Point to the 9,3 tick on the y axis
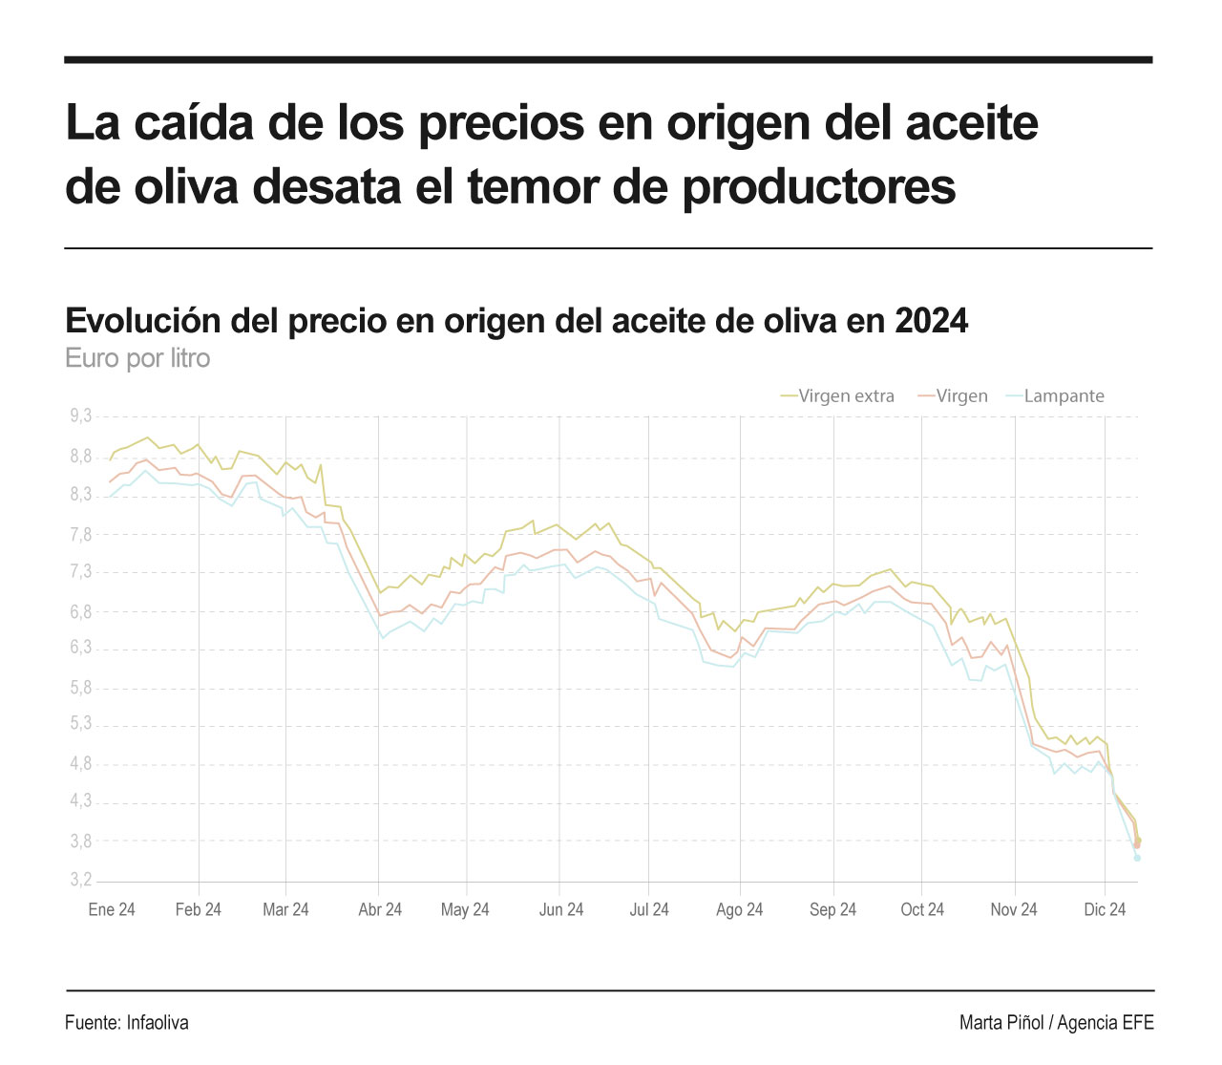pos(81,416)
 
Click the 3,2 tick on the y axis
pos(81,880)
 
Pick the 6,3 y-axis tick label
pos(81,648)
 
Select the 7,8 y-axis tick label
pos(81,535)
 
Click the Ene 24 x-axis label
pos(112,910)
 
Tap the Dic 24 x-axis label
pos(1105,910)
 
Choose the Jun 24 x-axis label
pos(561,910)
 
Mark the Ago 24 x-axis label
pos(740,910)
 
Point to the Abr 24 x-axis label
pos(380,910)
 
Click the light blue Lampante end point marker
pos(1137,858)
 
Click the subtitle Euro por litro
pos(137,359)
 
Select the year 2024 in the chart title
pos(931,321)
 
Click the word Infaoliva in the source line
pos(158,1023)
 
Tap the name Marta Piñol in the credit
pos(1001,1023)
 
